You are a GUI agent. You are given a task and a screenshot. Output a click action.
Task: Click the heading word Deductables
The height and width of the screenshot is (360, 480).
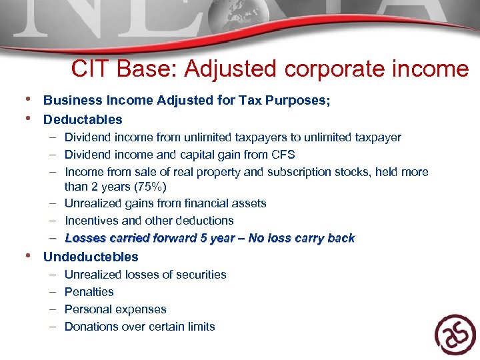click(83, 119)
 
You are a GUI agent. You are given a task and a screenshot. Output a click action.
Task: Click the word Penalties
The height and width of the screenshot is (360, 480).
click(89, 291)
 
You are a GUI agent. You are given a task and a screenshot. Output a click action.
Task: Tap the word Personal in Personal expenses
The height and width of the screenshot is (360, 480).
click(87, 309)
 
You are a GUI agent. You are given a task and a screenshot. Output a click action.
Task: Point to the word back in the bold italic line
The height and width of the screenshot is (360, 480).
click(341, 238)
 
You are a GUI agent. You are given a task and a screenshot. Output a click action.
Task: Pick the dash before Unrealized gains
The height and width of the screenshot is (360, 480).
click(52, 203)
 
